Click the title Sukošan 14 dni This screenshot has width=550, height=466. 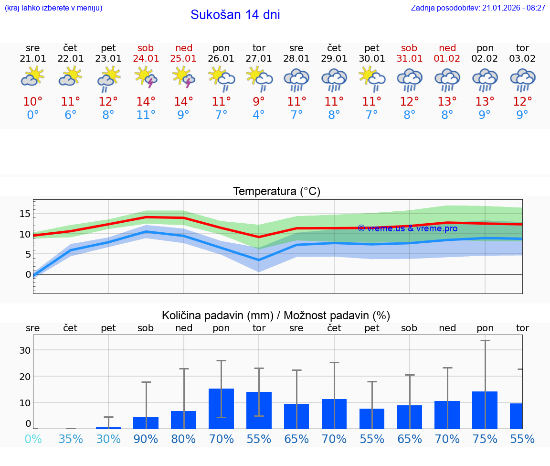point(235,15)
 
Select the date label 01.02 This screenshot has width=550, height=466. point(447,59)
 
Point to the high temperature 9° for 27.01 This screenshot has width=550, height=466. point(259,101)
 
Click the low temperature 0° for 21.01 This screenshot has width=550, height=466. point(33,115)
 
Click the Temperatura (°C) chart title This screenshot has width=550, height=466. point(276,192)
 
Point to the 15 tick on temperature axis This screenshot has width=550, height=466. point(25,214)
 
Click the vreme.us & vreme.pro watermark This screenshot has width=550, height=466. point(407,228)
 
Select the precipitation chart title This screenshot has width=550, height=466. point(276,315)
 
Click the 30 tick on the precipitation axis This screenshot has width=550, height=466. point(25,350)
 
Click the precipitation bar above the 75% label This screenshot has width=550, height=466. point(485,410)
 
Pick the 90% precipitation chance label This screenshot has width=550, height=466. point(146,439)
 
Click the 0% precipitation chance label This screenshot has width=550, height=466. point(33,439)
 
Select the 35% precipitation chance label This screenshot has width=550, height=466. point(71,439)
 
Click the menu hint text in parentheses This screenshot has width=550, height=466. point(53,8)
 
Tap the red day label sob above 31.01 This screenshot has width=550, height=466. point(409,48)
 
